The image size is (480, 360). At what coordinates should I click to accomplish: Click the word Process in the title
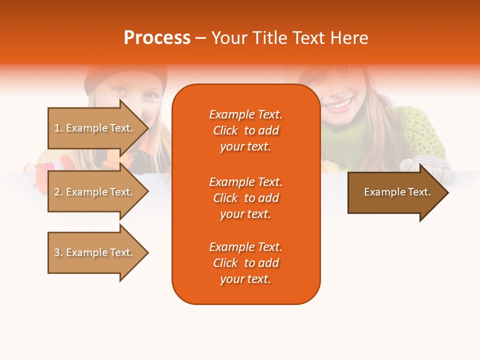[x=157, y=37]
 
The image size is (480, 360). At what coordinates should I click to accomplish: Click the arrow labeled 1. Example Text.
[x=98, y=128]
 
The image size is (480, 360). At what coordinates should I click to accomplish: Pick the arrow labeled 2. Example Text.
[x=98, y=191]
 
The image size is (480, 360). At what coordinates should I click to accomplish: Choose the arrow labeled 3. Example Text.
[x=98, y=252]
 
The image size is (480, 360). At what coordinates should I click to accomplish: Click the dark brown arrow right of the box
[x=398, y=192]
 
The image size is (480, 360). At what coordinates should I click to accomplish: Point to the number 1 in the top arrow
[x=57, y=128]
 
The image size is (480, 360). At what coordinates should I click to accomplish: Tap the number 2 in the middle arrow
[x=57, y=192]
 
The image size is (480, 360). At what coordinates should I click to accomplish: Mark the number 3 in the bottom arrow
[x=57, y=252]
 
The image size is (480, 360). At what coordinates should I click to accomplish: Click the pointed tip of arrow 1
[x=149, y=128]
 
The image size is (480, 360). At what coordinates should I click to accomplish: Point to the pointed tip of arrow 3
[x=149, y=253]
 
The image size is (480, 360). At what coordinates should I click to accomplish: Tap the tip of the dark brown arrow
[x=449, y=193]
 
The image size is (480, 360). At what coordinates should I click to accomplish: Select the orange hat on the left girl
[x=126, y=78]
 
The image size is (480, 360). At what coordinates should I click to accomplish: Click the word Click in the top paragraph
[x=225, y=130]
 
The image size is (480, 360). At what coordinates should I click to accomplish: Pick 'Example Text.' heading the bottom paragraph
[x=246, y=247]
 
